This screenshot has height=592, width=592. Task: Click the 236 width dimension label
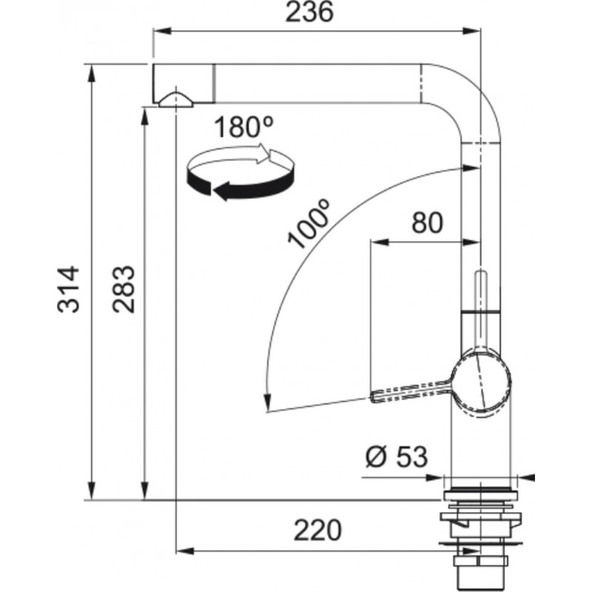[x=309, y=12]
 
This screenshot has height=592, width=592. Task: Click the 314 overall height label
[x=69, y=289]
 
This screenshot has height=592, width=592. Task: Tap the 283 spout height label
[x=124, y=289]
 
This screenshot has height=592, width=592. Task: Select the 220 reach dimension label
[x=317, y=530]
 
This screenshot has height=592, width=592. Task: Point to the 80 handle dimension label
[x=428, y=222]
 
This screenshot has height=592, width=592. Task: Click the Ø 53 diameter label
[x=397, y=456]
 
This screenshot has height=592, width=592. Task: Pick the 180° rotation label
[x=243, y=127]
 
